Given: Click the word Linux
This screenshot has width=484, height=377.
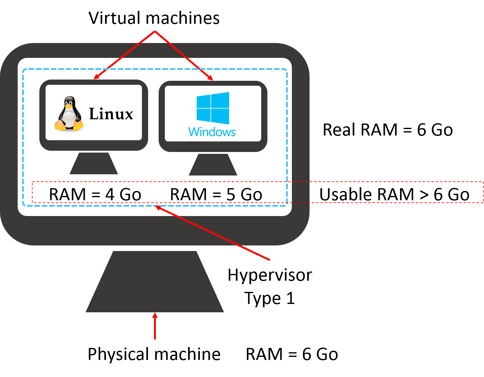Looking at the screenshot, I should pyautogui.click(x=111, y=114).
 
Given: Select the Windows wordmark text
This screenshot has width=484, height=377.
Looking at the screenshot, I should pyautogui.click(x=212, y=132).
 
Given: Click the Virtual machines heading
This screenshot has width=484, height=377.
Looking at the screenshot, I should pyautogui.click(x=154, y=18).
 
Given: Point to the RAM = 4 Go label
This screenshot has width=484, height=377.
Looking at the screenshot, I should pyautogui.click(x=95, y=195).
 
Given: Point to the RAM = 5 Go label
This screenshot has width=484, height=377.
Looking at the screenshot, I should pyautogui.click(x=216, y=195).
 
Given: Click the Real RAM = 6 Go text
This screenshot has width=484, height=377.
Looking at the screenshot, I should pyautogui.click(x=388, y=130).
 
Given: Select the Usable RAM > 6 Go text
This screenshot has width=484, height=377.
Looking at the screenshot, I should pyautogui.click(x=394, y=195).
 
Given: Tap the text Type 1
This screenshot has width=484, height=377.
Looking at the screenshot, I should pyautogui.click(x=270, y=298).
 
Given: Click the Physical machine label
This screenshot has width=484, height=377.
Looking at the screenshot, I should pyautogui.click(x=154, y=354).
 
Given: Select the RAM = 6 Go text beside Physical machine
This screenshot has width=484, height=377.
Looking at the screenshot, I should pyautogui.click(x=292, y=354).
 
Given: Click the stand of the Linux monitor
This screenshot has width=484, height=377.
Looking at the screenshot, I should pyautogui.click(x=94, y=163).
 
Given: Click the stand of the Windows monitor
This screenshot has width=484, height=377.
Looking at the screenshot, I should pyautogui.click(x=213, y=165).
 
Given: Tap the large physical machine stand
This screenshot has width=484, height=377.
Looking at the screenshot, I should pyautogui.click(x=155, y=282).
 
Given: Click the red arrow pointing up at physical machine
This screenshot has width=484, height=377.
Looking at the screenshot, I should pyautogui.click(x=155, y=327).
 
